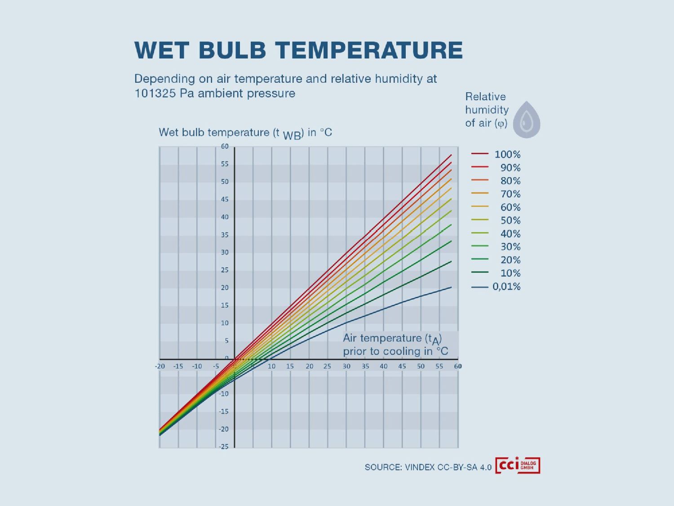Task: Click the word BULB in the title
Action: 232,50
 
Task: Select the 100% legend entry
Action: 507,154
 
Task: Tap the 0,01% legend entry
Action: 506,287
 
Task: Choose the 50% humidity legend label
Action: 510,220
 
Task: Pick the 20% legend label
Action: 510,260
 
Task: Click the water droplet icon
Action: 527,120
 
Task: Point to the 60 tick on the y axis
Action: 225,146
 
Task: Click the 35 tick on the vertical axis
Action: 225,235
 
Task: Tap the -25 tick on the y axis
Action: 223,447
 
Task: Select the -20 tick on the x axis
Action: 160,366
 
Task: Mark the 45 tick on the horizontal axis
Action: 402,366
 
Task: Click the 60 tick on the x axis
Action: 458,366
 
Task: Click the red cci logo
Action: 517,466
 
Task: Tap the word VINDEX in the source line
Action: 420,467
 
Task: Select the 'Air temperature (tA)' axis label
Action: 393,339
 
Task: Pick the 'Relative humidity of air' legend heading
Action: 487,110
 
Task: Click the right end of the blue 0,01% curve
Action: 451,287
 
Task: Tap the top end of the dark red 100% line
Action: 451,155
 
